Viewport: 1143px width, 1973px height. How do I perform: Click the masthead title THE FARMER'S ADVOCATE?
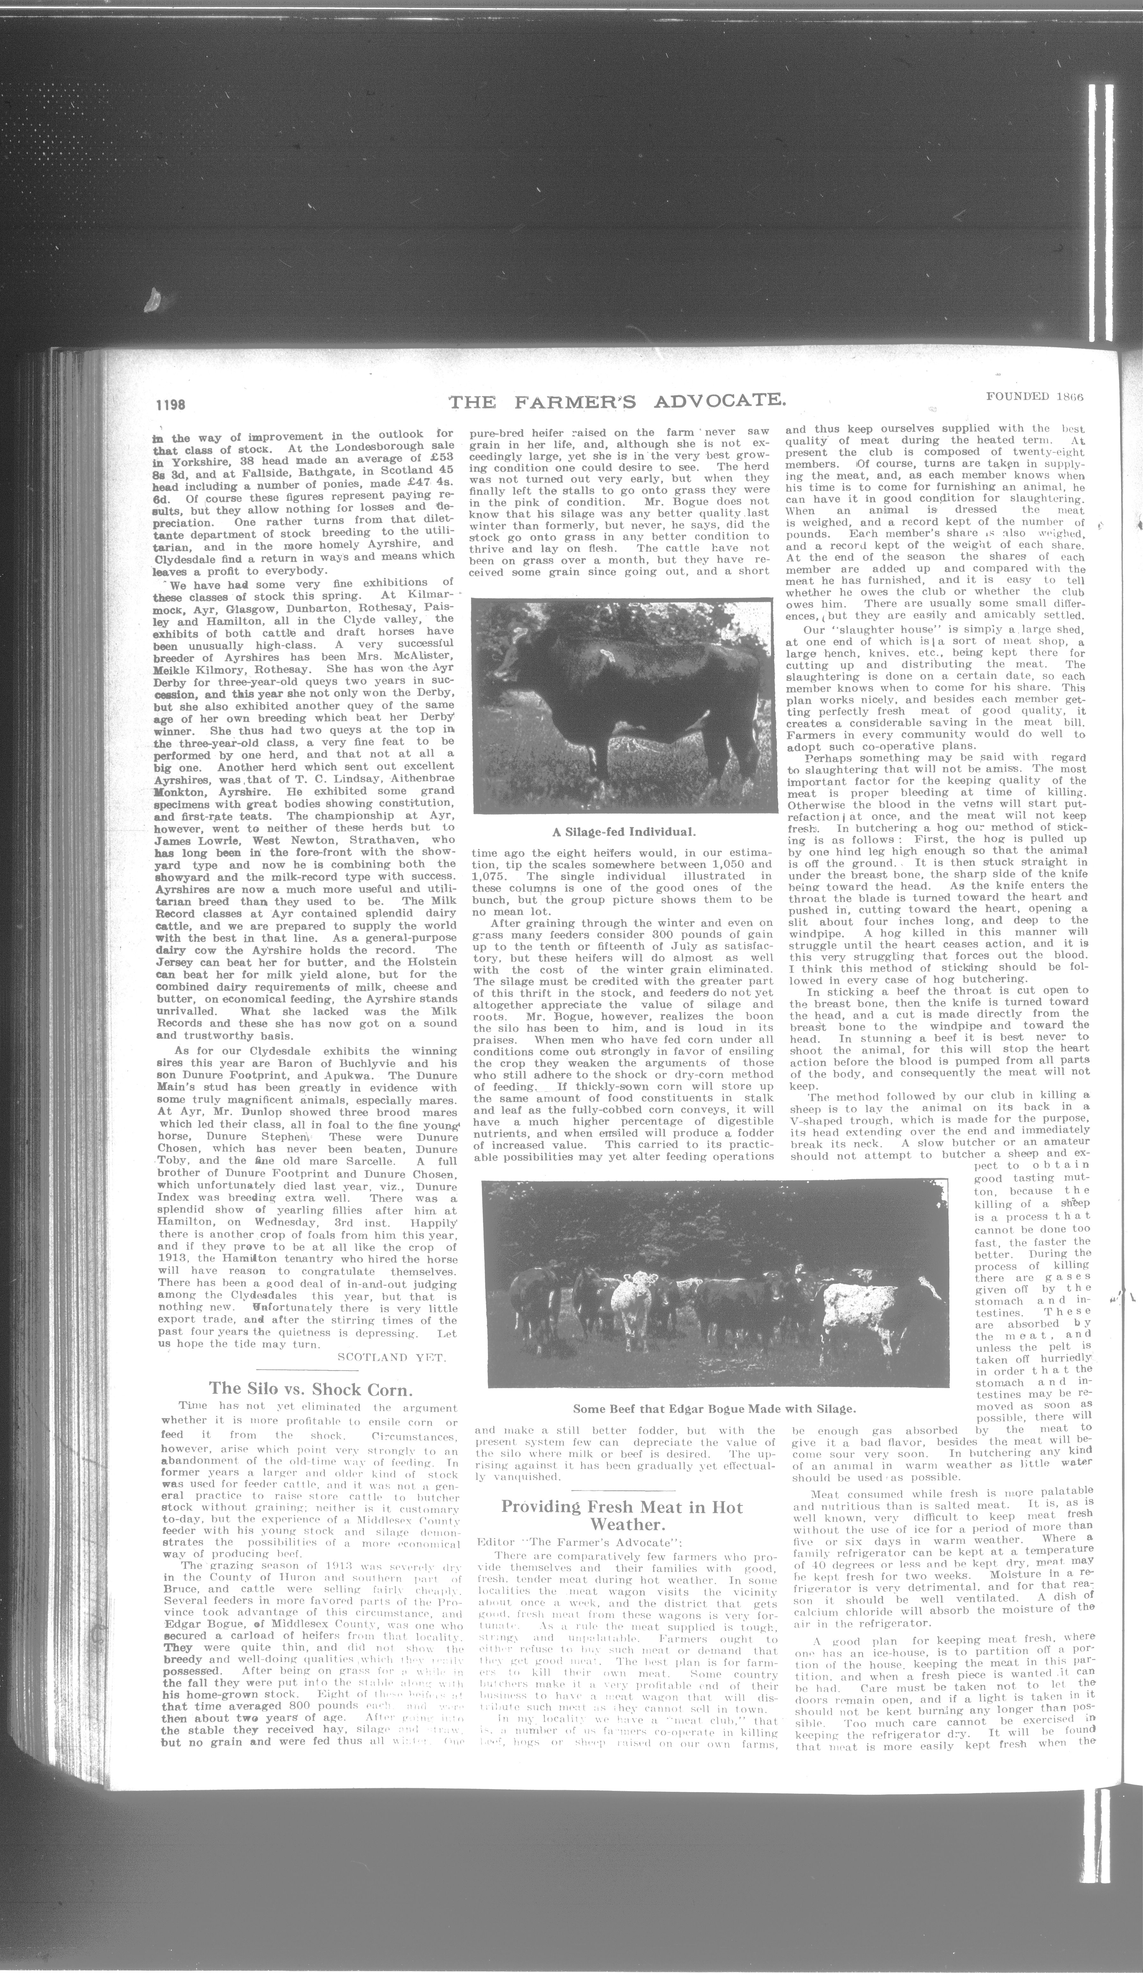coord(617,402)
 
